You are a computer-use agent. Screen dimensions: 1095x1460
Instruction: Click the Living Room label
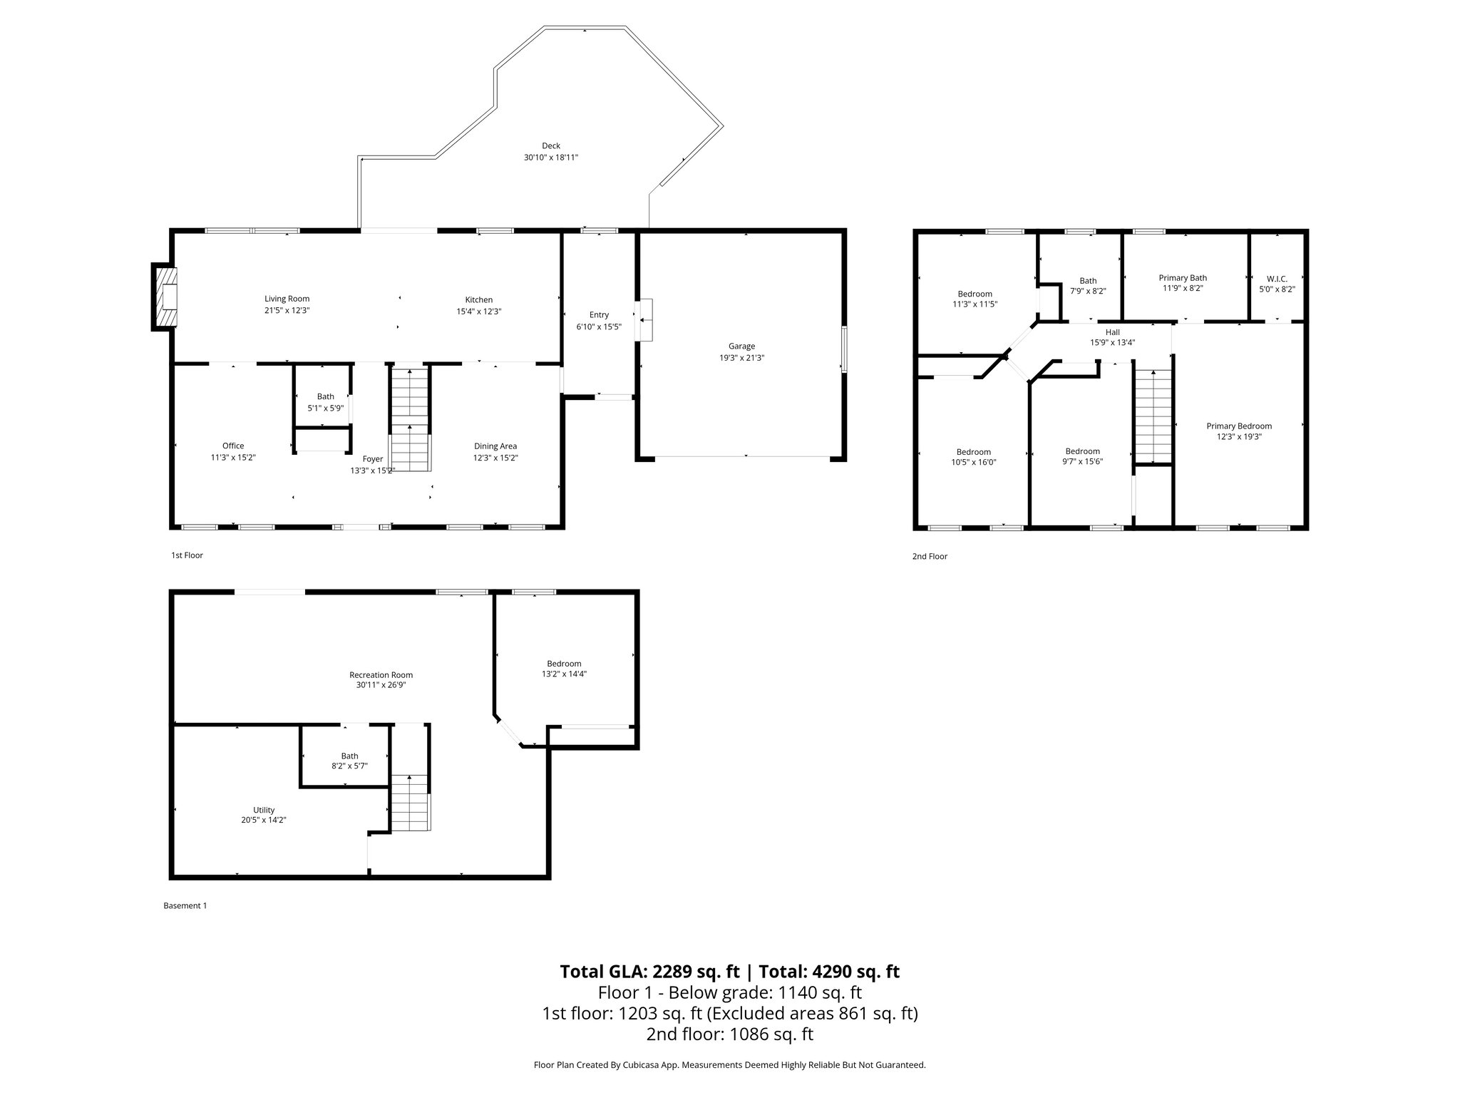click(x=287, y=299)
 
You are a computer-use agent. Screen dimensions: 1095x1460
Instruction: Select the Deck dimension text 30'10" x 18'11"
click(x=550, y=158)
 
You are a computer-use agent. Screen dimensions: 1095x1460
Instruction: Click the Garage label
click(x=741, y=346)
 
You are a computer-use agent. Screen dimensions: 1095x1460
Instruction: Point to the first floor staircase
click(x=410, y=419)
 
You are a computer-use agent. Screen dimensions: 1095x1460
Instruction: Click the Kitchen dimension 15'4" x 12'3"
click(x=479, y=312)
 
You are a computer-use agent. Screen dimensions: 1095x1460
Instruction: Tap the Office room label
click(x=233, y=446)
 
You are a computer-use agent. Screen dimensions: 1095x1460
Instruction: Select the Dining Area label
click(x=495, y=446)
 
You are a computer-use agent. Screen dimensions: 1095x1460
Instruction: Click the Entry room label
click(x=599, y=315)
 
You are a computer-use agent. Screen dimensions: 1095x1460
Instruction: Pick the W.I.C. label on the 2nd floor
click(x=1277, y=279)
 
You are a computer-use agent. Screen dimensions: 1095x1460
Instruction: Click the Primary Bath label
click(x=1183, y=278)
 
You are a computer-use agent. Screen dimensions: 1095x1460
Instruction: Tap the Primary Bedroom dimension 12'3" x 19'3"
click(x=1239, y=437)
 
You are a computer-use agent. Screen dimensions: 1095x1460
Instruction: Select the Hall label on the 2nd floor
click(x=1112, y=332)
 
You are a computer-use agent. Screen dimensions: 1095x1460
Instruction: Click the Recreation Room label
click(x=381, y=675)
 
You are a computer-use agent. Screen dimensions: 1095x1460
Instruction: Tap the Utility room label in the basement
click(x=264, y=810)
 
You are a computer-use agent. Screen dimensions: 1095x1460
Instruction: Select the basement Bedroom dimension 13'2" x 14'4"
click(x=564, y=674)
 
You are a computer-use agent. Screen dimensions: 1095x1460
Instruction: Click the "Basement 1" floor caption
click(x=185, y=906)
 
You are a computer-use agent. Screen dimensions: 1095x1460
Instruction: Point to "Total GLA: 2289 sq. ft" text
click(x=649, y=972)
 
